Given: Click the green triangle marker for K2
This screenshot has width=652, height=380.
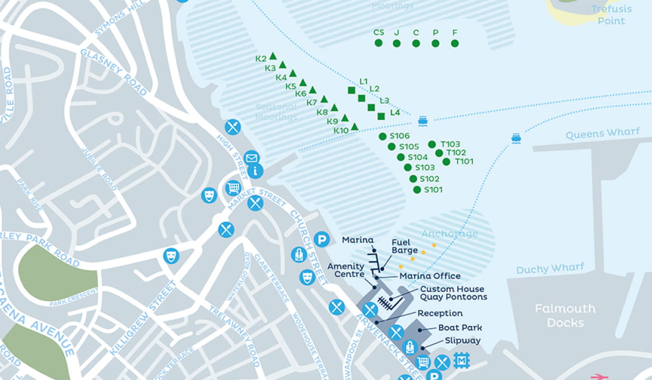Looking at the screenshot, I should point(272,56).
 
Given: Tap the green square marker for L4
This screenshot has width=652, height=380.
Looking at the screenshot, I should point(381,116).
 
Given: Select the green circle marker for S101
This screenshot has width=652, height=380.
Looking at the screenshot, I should point(417,189).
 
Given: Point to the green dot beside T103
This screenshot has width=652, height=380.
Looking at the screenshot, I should point(432,144).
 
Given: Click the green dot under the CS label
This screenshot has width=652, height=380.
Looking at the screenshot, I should point(378,43).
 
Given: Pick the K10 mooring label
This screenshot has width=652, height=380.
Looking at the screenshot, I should point(341,131).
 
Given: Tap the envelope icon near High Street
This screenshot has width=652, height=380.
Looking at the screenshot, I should point(251,157).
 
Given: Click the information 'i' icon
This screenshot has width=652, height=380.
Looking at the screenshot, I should point(255,171).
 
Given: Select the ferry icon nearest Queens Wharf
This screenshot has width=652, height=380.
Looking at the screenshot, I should point(516,138).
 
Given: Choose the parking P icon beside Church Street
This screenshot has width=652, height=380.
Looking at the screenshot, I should point(321,239).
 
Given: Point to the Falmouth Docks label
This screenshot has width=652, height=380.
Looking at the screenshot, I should point(565,315).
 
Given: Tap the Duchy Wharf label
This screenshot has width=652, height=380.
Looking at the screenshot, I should point(550,269).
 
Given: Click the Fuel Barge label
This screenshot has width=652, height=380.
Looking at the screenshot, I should point(405,247).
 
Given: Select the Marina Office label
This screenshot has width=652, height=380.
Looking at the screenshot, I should point(430,276).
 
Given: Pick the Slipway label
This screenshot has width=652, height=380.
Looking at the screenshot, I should point(462,340).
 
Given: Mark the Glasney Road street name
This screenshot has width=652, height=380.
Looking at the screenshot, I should point(114,72).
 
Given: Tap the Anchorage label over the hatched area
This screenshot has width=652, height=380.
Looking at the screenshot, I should point(449,234).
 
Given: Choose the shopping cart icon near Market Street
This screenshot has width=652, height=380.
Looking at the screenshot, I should point(233,188).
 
